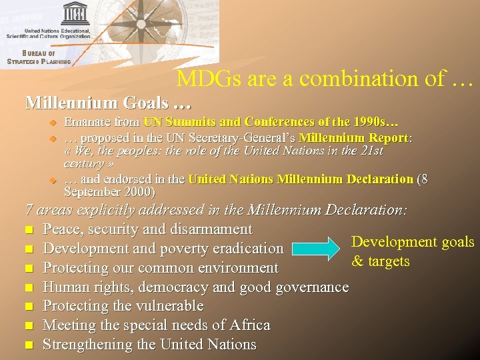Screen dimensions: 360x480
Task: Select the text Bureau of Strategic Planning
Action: (39, 57)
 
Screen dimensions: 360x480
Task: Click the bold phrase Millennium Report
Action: (353, 138)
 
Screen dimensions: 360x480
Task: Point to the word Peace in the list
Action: (61, 229)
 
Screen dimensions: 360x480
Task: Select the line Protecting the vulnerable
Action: (123, 306)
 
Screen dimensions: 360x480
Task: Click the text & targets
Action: (380, 261)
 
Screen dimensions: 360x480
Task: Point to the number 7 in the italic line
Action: (29, 210)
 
